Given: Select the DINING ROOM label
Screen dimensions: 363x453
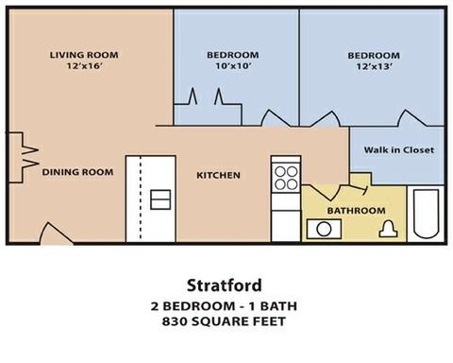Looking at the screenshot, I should click(x=77, y=172).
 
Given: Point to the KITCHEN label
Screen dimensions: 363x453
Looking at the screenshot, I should click(x=218, y=175).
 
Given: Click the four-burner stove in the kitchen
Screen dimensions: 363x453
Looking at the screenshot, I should click(x=285, y=177).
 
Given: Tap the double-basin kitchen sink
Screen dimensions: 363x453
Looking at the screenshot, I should click(x=160, y=199).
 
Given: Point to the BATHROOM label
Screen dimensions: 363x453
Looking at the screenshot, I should click(x=356, y=210).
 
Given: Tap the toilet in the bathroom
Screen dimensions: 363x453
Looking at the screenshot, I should click(x=388, y=228).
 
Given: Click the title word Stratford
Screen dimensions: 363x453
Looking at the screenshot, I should click(x=226, y=284).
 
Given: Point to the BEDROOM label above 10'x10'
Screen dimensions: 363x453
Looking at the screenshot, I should click(x=232, y=55).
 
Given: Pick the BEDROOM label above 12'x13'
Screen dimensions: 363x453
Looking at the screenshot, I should click(x=371, y=55).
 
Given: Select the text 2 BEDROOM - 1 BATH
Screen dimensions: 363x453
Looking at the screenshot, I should click(x=226, y=307).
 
